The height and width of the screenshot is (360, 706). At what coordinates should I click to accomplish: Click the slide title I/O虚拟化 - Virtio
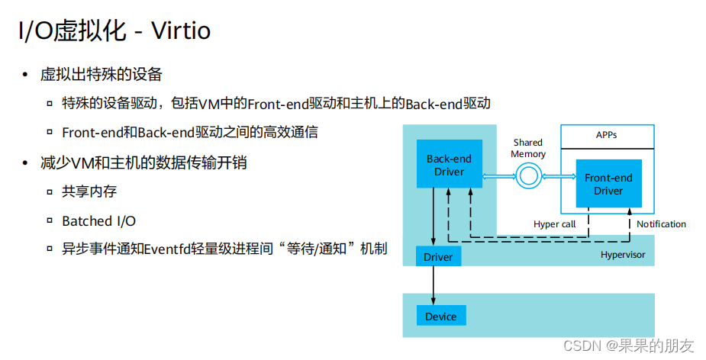click(x=114, y=31)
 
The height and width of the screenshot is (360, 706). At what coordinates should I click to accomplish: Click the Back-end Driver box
click(x=449, y=165)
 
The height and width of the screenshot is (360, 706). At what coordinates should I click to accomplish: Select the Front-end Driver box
click(x=608, y=184)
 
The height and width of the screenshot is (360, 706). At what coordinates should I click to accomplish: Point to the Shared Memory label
click(x=528, y=148)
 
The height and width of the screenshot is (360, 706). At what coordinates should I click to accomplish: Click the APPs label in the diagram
click(x=607, y=135)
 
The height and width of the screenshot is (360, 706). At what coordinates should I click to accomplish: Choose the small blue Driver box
click(x=438, y=257)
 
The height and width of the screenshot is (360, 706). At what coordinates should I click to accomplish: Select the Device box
click(x=440, y=317)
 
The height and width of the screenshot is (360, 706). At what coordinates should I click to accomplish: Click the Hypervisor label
click(x=622, y=255)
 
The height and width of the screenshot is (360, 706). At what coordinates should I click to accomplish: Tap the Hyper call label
click(x=554, y=224)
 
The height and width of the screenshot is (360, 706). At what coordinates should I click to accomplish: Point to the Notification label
click(x=661, y=224)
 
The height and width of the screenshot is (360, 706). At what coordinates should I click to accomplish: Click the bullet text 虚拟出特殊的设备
click(x=101, y=75)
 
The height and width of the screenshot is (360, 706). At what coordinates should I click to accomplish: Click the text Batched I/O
click(x=98, y=221)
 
